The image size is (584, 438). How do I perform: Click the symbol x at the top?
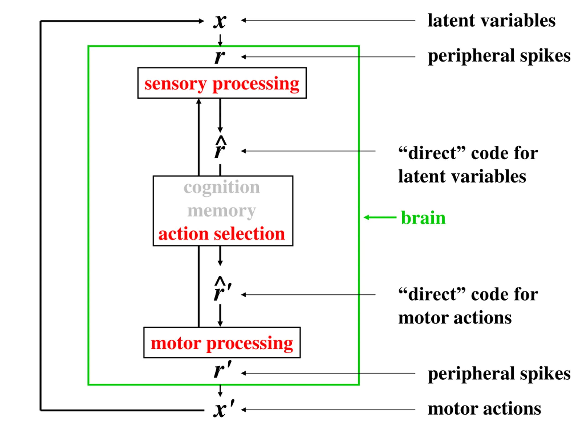coord(220,21)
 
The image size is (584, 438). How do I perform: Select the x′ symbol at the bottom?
coord(223,409)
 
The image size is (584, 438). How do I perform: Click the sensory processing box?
coord(222,83)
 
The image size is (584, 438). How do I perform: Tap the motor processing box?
coord(222,343)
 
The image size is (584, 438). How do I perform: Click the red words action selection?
coord(222,234)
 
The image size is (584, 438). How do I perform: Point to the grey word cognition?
coord(222,188)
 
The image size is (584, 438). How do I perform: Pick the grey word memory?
coord(222,211)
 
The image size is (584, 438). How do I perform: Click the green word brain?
coord(423,218)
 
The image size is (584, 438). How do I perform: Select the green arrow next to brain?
coord(380,217)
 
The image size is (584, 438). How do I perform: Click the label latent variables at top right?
coord(491,21)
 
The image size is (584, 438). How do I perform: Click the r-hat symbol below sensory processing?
coord(220,148)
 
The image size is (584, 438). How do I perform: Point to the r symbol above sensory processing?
coord(220,57)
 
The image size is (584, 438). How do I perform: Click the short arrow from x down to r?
coord(220,40)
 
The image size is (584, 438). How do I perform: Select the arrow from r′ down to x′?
coord(220,391)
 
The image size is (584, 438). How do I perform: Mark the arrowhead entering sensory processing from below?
coord(199,101)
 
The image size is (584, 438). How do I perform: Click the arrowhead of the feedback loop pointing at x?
coord(201,21)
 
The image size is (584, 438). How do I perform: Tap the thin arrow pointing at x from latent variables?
coord(327,20)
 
